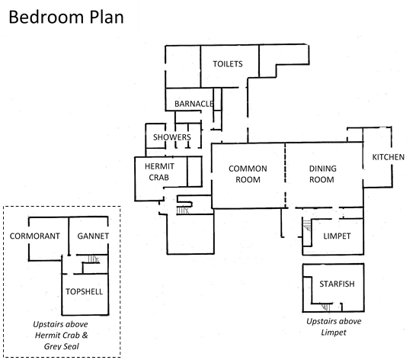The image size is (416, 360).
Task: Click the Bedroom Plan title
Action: (66, 18)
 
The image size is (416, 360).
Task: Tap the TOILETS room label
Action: (228, 64)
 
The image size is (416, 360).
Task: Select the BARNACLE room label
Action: (194, 104)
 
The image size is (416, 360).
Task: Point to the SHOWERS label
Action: (172, 137)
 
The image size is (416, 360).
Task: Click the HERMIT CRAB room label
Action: (159, 172)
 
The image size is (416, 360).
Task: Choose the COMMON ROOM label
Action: (248, 174)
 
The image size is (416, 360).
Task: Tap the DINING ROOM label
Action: (322, 174)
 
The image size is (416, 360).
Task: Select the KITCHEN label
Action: (388, 157)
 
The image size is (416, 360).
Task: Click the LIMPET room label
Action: (337, 236)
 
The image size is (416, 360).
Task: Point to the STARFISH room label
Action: (337, 284)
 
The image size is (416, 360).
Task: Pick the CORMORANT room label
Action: (35, 236)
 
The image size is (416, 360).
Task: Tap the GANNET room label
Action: (93, 236)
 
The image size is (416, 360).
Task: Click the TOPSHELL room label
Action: (84, 291)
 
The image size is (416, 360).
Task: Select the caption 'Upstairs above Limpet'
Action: (334, 326)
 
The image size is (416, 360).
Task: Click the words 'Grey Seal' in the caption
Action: (62, 346)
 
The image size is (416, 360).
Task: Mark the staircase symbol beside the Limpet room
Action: (307, 225)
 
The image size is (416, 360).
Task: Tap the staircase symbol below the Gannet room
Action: (94, 259)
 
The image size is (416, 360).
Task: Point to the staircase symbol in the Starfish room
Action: (326, 307)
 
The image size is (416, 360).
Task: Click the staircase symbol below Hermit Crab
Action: (183, 211)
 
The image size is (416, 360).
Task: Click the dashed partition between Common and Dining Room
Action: (286, 175)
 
